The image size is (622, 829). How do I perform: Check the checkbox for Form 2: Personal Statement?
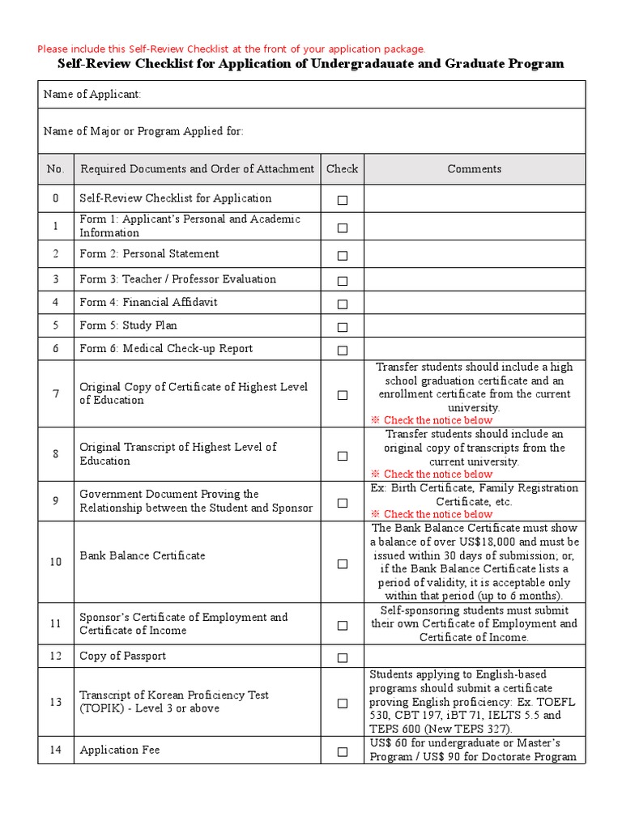[x=343, y=256]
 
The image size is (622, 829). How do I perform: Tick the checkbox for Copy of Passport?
[x=343, y=658]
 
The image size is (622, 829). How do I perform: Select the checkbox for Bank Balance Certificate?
[x=343, y=563]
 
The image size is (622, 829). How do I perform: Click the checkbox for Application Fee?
[x=343, y=752]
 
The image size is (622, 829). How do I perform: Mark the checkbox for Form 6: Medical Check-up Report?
[x=343, y=351]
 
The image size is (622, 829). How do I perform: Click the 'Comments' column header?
[x=474, y=169]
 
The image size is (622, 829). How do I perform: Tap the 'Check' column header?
[x=342, y=169]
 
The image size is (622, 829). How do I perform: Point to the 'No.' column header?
[x=55, y=169]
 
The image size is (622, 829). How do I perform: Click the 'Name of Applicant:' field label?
[x=92, y=95]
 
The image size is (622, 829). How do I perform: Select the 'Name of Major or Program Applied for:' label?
[x=143, y=131]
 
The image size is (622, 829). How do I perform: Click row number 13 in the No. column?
[x=55, y=702]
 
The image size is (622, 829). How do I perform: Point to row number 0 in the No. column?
[x=55, y=198]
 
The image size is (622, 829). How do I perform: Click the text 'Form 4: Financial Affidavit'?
[x=148, y=303]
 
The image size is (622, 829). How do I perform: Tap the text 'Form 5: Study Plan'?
[x=128, y=325]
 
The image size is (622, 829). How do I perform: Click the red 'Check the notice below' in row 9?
[x=437, y=514]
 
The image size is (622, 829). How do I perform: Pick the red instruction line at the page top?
[x=231, y=49]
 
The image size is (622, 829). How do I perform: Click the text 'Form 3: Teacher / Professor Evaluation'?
[x=177, y=279]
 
